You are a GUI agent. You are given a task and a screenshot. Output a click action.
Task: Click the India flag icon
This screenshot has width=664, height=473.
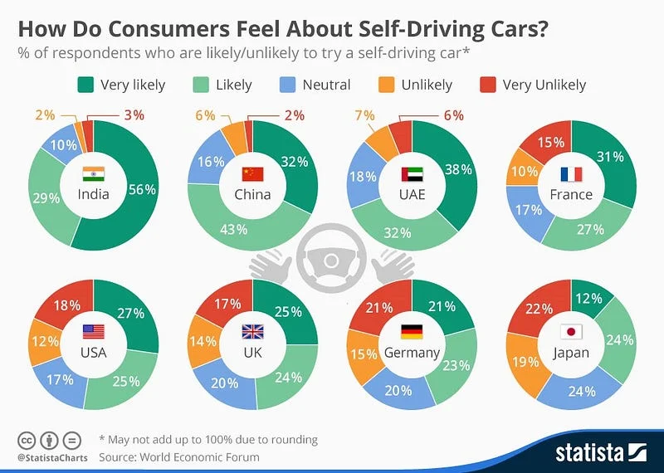pos(93,173)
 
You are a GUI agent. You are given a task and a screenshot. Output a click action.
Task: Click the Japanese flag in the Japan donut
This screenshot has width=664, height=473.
pos(572,332)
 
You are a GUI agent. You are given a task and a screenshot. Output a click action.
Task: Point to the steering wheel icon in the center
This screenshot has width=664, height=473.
pos(332,260)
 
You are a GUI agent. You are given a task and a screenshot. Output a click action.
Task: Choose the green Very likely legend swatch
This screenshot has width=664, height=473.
pos(85,85)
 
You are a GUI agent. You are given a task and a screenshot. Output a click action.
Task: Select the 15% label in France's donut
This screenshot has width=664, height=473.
pos(549,142)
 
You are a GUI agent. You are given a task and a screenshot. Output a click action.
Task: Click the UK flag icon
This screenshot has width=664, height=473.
pos(252,332)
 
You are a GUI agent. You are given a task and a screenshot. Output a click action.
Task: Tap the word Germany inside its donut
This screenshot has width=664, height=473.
pos(412,353)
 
